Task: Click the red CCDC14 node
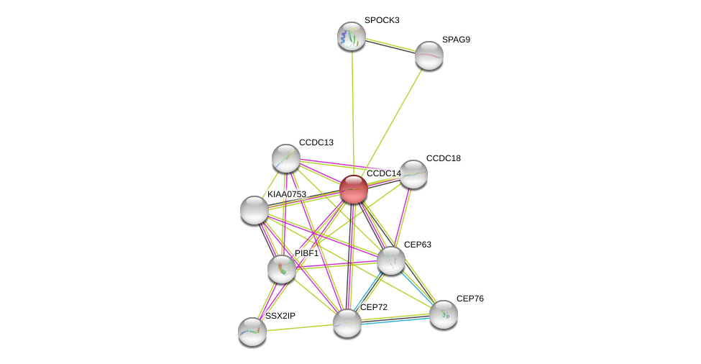click(x=354, y=189)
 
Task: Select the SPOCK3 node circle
click(x=352, y=36)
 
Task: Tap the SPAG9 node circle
click(x=429, y=55)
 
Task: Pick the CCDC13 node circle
click(x=286, y=158)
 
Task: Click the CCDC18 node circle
click(x=413, y=174)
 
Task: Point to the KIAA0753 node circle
click(x=255, y=209)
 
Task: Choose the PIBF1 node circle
click(x=282, y=269)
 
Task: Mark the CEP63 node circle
click(x=391, y=260)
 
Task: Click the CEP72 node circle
click(x=347, y=323)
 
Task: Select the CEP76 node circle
click(x=444, y=314)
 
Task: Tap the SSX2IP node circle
click(x=252, y=332)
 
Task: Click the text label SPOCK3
click(x=382, y=20)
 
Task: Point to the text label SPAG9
click(x=456, y=40)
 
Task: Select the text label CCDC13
click(x=316, y=142)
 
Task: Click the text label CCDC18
click(x=443, y=158)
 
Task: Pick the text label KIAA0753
click(x=287, y=194)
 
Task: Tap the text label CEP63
click(x=417, y=245)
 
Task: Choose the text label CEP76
click(x=470, y=299)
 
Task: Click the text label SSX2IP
click(x=280, y=316)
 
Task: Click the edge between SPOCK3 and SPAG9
click(x=390, y=45)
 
